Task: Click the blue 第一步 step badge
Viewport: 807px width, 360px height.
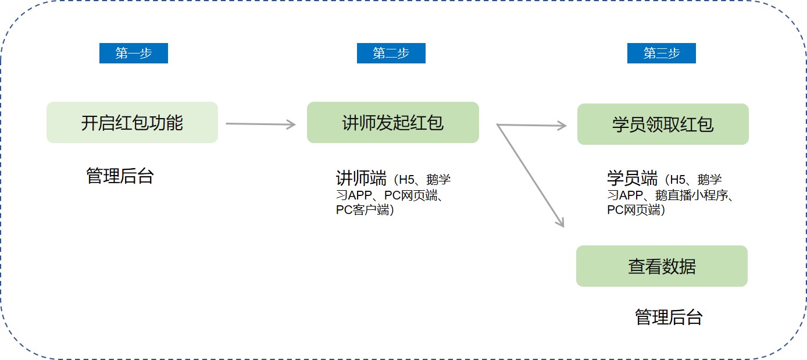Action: [134, 54]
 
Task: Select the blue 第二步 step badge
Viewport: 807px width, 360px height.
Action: [391, 54]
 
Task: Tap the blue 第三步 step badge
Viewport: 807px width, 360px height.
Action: [662, 54]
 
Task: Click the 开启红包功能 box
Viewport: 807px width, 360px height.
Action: [132, 123]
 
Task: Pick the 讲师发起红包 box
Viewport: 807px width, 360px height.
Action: [393, 123]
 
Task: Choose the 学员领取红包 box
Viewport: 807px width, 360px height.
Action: [663, 124]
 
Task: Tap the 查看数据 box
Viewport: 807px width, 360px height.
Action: [662, 266]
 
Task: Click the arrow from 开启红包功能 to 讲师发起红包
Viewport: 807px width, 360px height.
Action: [261, 124]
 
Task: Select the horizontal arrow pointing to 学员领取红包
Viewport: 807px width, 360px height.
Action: [532, 126]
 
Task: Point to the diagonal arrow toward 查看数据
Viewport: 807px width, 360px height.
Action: [530, 176]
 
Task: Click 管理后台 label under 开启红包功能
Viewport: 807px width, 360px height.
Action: [120, 176]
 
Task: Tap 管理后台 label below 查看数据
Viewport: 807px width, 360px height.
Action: [669, 318]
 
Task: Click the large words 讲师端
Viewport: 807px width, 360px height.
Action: [362, 178]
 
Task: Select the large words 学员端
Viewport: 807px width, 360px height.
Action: [632, 178]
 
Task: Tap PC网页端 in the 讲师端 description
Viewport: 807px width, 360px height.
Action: [410, 195]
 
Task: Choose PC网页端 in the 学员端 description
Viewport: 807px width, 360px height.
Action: [634, 210]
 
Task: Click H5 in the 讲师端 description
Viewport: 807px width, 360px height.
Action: [407, 180]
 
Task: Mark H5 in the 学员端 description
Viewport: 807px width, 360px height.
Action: [678, 180]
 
